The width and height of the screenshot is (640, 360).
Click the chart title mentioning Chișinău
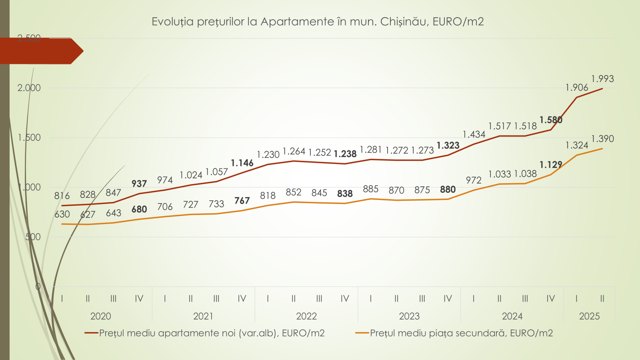(x=318, y=22)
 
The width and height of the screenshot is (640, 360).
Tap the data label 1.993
(x=602, y=79)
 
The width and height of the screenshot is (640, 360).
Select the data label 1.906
(x=577, y=88)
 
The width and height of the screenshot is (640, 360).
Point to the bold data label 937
(x=139, y=184)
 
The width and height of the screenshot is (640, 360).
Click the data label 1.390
(x=602, y=139)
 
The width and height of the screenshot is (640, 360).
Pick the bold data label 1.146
(x=242, y=163)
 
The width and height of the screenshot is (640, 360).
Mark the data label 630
(x=62, y=214)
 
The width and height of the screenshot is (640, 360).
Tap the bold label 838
(x=345, y=194)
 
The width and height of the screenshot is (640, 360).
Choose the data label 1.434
(x=474, y=135)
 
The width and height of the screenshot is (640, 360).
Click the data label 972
(x=474, y=180)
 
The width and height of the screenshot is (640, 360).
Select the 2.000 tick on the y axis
(x=29, y=88)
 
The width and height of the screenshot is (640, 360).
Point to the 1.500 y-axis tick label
(x=29, y=138)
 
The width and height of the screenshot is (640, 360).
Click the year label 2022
(x=306, y=316)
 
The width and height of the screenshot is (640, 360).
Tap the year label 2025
(x=589, y=316)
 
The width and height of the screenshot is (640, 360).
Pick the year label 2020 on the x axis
(x=100, y=316)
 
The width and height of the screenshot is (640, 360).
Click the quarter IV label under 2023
(x=448, y=299)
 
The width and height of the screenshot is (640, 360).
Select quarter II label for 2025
(x=602, y=299)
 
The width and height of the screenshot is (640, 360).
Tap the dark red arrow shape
(x=40, y=51)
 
